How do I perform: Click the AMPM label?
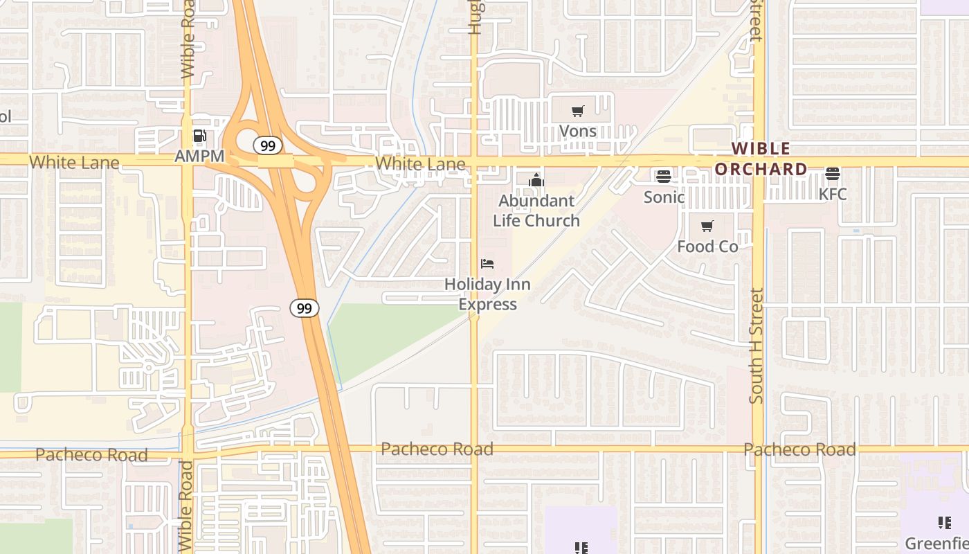(x=199, y=156)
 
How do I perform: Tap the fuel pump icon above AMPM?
(x=199, y=136)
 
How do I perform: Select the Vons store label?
(x=577, y=131)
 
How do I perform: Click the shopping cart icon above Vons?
(x=577, y=111)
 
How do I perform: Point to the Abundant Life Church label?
(x=536, y=211)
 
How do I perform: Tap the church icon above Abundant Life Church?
(x=536, y=181)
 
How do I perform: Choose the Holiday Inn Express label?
(x=487, y=294)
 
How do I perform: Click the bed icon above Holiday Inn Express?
(x=487, y=264)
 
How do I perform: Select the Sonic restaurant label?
(x=664, y=197)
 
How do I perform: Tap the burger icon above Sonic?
(x=664, y=177)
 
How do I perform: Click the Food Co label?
(x=707, y=246)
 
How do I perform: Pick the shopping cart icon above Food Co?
(x=707, y=226)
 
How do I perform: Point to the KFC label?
(x=833, y=194)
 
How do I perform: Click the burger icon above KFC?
(x=833, y=174)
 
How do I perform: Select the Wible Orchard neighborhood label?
(x=761, y=159)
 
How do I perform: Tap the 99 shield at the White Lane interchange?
(x=267, y=145)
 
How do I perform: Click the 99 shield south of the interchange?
(x=305, y=308)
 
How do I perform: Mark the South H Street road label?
(x=757, y=346)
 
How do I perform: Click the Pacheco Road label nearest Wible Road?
(x=91, y=455)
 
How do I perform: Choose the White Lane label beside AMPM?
(x=74, y=163)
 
